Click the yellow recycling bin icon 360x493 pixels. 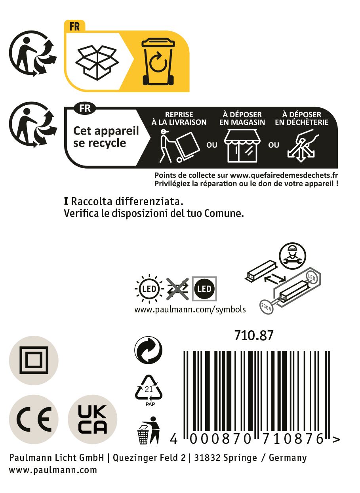(158, 62)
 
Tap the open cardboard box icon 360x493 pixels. (97, 63)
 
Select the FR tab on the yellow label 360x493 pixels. (74, 27)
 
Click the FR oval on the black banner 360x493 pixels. (85, 108)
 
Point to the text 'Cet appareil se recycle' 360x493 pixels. (106, 137)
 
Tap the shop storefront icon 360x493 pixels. (242, 146)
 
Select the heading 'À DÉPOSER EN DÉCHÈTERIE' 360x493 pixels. (301, 118)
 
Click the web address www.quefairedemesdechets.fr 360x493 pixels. (284, 175)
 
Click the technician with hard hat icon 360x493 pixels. (292, 256)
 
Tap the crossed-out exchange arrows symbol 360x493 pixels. (177, 289)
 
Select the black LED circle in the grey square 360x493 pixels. (204, 289)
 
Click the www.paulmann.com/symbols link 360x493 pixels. (190, 310)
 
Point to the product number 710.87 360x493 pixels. (253, 335)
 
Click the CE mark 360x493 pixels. (34, 419)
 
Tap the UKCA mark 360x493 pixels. (93, 419)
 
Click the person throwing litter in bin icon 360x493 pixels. (149, 430)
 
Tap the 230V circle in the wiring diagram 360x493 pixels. (267, 306)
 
